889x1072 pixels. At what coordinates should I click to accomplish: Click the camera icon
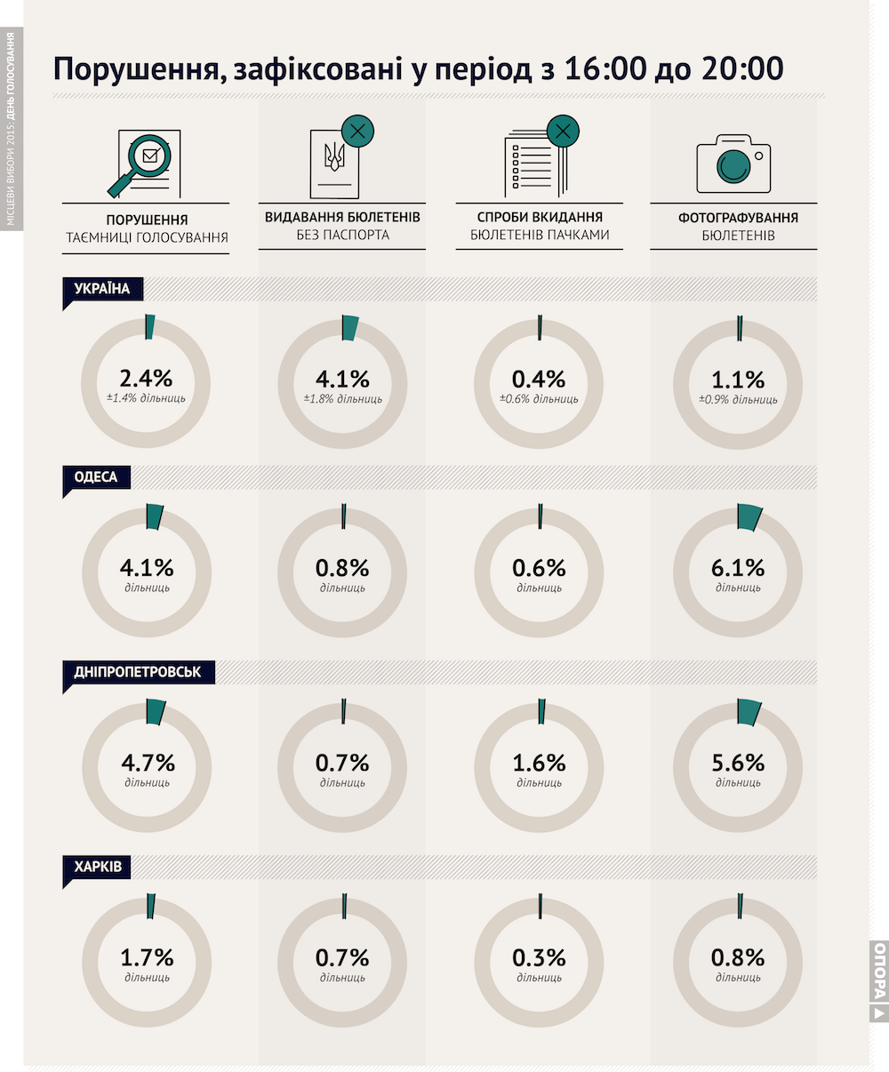click(x=733, y=164)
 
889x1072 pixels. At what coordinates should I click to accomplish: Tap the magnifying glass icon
click(x=141, y=164)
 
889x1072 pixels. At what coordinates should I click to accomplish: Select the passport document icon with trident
click(x=334, y=164)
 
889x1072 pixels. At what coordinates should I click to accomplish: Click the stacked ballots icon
click(x=536, y=164)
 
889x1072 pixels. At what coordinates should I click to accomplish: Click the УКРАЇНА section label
click(x=102, y=289)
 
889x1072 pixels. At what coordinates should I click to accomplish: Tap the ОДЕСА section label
click(x=96, y=477)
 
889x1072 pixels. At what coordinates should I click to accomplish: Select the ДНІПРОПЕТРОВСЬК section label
click(x=138, y=672)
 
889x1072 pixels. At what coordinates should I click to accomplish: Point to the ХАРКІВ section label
click(x=98, y=868)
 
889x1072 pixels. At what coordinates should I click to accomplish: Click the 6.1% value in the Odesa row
click(x=738, y=568)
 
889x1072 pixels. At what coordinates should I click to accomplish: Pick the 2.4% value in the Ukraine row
click(x=146, y=379)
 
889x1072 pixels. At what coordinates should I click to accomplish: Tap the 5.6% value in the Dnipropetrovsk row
click(x=738, y=763)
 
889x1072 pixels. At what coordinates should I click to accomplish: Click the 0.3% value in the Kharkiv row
click(x=539, y=958)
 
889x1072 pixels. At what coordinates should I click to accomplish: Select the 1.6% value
click(x=539, y=763)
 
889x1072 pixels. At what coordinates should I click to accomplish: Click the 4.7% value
click(x=148, y=763)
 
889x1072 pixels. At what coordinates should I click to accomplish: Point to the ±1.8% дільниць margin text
click(x=342, y=399)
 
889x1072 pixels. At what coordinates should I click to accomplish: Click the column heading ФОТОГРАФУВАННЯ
click(x=738, y=218)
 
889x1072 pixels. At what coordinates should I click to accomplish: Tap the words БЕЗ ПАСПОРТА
click(x=342, y=236)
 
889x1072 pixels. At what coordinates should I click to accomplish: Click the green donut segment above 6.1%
click(x=749, y=517)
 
